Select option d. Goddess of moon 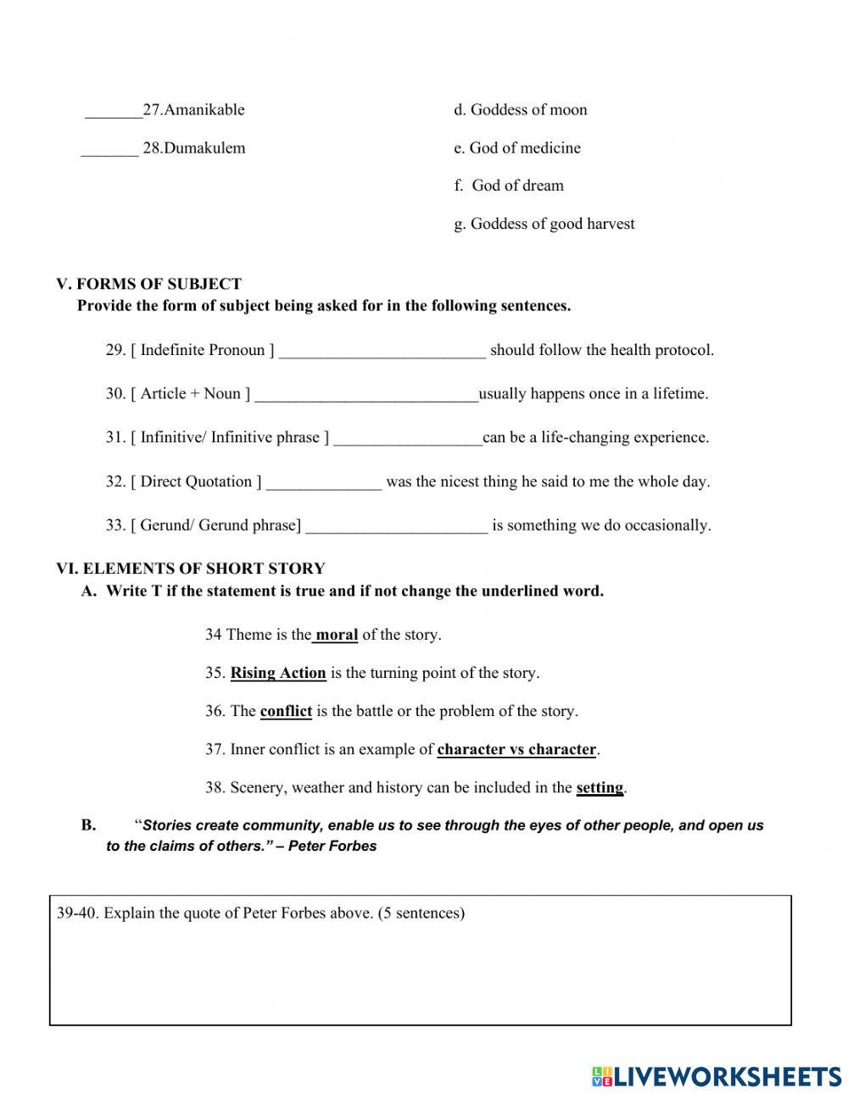click(x=520, y=110)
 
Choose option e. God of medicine click(x=516, y=148)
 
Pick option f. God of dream click(x=508, y=186)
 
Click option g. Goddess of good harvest click(x=544, y=224)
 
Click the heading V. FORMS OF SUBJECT click(x=148, y=284)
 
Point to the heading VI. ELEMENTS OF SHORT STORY click(x=190, y=569)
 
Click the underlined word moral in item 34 click(x=337, y=635)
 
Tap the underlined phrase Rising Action click(x=278, y=673)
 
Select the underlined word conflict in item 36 click(x=286, y=711)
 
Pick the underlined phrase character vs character click(x=516, y=749)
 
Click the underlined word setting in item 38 click(x=600, y=787)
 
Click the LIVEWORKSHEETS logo click(x=716, y=1076)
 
